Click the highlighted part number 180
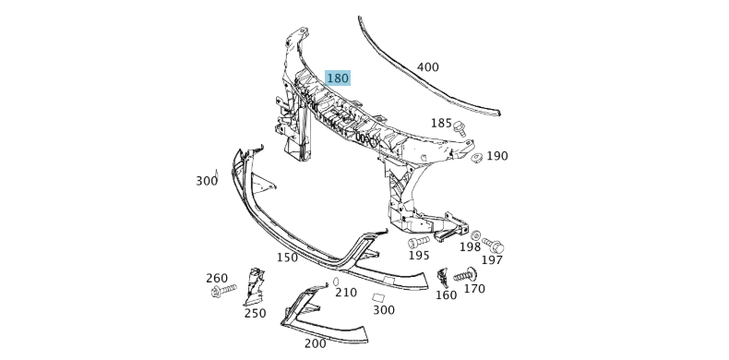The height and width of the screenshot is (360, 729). pos(338,78)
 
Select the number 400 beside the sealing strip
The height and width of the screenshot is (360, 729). pos(428,67)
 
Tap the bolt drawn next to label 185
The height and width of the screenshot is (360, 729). pos(459,128)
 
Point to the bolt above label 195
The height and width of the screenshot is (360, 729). pos(418,243)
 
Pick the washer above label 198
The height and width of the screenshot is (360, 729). pos(475,235)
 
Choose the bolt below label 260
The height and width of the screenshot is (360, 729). pos(221,293)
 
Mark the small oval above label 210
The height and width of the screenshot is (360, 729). pos(337,280)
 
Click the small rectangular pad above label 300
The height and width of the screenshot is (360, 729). pos(377,297)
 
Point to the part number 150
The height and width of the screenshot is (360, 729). pos(287,258)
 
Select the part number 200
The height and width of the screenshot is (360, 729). pos(315,342)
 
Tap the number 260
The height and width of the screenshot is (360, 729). pos(217,278)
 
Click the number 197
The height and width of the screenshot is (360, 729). pos(492,261)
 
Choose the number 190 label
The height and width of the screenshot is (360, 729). pos(497,156)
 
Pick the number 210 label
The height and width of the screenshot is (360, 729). pos(346,293)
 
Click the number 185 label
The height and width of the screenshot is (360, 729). pos(441,123)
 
